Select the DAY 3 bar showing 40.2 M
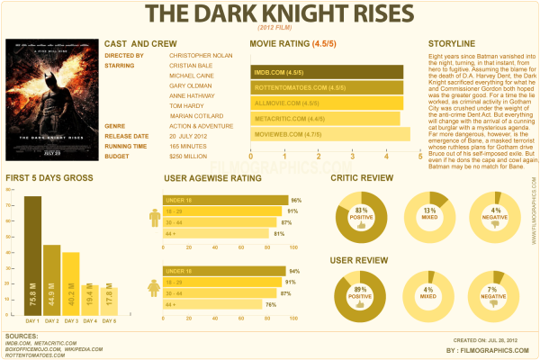pyautogui.click(x=71, y=283)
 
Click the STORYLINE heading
pyautogui.click(x=452, y=43)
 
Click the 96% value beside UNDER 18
pyautogui.click(x=295, y=200)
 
